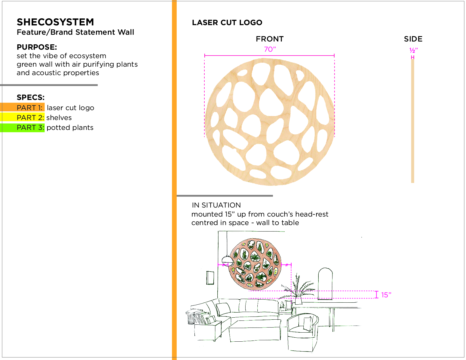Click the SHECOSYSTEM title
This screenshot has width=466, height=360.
click(x=55, y=22)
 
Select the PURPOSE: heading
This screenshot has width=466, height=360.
click(x=37, y=47)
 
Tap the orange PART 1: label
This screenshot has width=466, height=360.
click(x=29, y=108)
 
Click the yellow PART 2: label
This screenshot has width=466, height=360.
click(x=30, y=117)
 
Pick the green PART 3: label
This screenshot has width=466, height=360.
click(x=30, y=127)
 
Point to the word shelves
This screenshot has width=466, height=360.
click(x=59, y=117)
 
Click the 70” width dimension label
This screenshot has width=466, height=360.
click(x=270, y=49)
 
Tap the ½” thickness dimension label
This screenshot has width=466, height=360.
click(x=414, y=50)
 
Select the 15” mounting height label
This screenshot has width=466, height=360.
click(x=386, y=295)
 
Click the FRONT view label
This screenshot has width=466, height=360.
click(x=270, y=39)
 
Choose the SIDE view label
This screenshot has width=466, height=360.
click(x=413, y=39)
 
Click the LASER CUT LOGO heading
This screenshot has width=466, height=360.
click(x=227, y=23)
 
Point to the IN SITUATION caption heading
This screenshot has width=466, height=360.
click(x=216, y=205)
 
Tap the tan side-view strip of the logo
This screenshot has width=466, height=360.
click(x=413, y=121)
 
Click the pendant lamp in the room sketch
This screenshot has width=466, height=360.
click(x=227, y=260)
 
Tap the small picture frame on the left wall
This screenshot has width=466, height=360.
click(x=210, y=278)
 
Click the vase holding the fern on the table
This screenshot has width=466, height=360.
click(x=298, y=300)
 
